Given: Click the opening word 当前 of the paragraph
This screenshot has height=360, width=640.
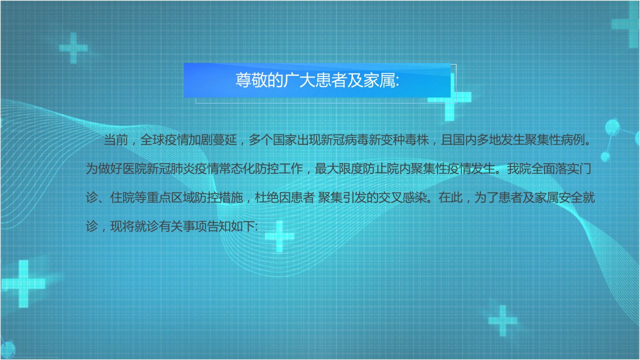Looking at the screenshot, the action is coord(115,140).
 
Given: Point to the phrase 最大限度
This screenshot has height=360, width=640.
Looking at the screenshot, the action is coord(338,168).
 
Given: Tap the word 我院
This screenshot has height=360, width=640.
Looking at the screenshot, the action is coord(519,168).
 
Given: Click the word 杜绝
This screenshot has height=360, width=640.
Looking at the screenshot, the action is coord(266,197).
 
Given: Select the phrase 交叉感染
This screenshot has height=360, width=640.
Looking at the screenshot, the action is coord(403,197).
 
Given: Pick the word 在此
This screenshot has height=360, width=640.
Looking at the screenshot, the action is coord(450,197).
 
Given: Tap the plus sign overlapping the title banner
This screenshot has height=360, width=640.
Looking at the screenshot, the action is coord(449,97).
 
